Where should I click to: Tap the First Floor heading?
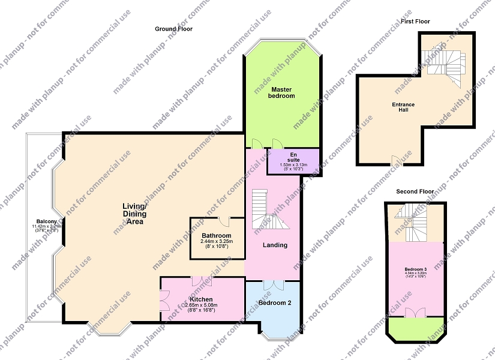tap(415, 22)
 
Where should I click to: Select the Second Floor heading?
tap(415, 191)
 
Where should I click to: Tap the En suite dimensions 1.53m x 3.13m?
tap(294, 165)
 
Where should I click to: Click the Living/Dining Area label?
tap(135, 214)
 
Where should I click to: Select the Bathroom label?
tap(217, 236)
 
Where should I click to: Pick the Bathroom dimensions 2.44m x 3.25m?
tap(217, 242)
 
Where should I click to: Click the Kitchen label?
tap(201, 299)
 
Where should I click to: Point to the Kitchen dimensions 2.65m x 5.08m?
tap(201, 305)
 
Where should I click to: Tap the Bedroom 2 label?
tap(275, 303)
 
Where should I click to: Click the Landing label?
tap(275, 245)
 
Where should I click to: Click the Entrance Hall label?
tap(403, 108)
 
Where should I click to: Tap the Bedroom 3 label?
tap(416, 269)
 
